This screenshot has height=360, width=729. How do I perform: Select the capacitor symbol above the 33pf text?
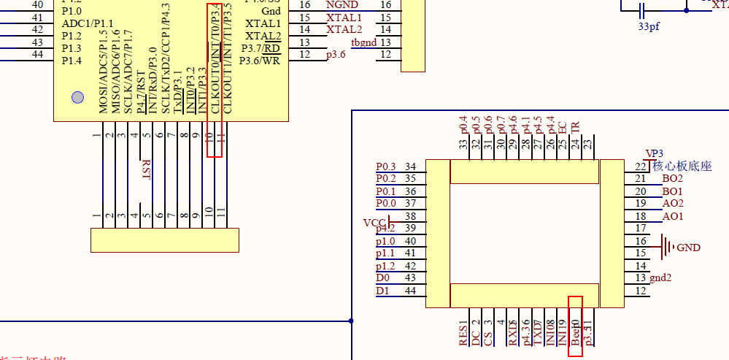(642, 9)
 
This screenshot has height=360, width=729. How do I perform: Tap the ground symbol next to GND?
(667, 247)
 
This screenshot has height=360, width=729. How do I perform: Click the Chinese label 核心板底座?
(682, 166)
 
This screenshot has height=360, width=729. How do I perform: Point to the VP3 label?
(654, 153)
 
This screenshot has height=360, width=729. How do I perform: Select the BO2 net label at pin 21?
(672, 179)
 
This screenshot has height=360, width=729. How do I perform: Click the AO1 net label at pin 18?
(672, 217)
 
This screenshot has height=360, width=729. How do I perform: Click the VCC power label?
(373, 222)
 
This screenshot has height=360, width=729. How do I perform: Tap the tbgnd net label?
(364, 42)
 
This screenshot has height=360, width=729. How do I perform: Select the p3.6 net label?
(336, 55)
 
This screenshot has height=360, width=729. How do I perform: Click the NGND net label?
(342, 4)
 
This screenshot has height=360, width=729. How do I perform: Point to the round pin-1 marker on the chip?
(77, 98)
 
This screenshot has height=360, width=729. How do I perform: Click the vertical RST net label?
(146, 170)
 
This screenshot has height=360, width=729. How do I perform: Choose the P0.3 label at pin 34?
(386, 167)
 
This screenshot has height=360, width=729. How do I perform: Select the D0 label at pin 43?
(382, 278)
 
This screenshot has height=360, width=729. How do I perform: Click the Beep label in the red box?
(575, 333)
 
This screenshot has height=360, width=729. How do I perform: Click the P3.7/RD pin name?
(263, 48)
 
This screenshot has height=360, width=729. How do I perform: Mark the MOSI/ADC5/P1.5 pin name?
(103, 73)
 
